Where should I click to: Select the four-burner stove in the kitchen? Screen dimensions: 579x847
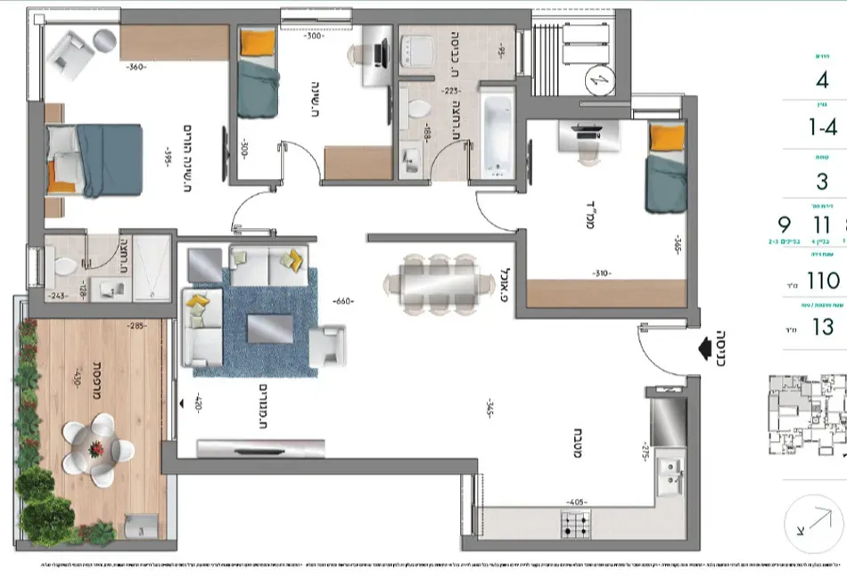(574, 525)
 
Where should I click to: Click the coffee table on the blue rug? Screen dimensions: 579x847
(268, 329)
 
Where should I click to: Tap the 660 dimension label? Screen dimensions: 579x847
(342, 301)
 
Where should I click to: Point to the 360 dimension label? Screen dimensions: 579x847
(136, 68)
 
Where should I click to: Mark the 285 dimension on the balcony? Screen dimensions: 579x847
(136, 326)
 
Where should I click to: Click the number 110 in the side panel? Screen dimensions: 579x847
(822, 281)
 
